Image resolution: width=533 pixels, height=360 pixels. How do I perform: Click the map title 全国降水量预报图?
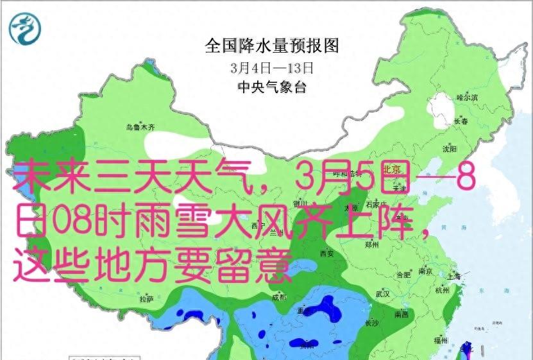(271, 46)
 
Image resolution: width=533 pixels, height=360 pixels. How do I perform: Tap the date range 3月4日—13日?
(271, 67)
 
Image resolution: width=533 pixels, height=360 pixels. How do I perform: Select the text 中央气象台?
(271, 87)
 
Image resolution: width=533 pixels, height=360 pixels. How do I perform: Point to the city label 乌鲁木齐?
(140, 128)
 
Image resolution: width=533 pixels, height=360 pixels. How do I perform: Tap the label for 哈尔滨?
(467, 98)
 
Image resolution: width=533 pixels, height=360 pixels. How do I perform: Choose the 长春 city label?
(461, 121)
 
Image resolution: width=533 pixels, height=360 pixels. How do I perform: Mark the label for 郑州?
(371, 244)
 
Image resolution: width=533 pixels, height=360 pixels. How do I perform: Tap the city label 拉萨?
(146, 298)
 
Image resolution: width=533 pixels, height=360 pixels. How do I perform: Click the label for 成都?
(279, 297)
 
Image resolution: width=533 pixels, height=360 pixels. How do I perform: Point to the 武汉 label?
(383, 294)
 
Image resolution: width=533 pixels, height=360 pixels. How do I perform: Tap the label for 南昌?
(402, 314)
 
